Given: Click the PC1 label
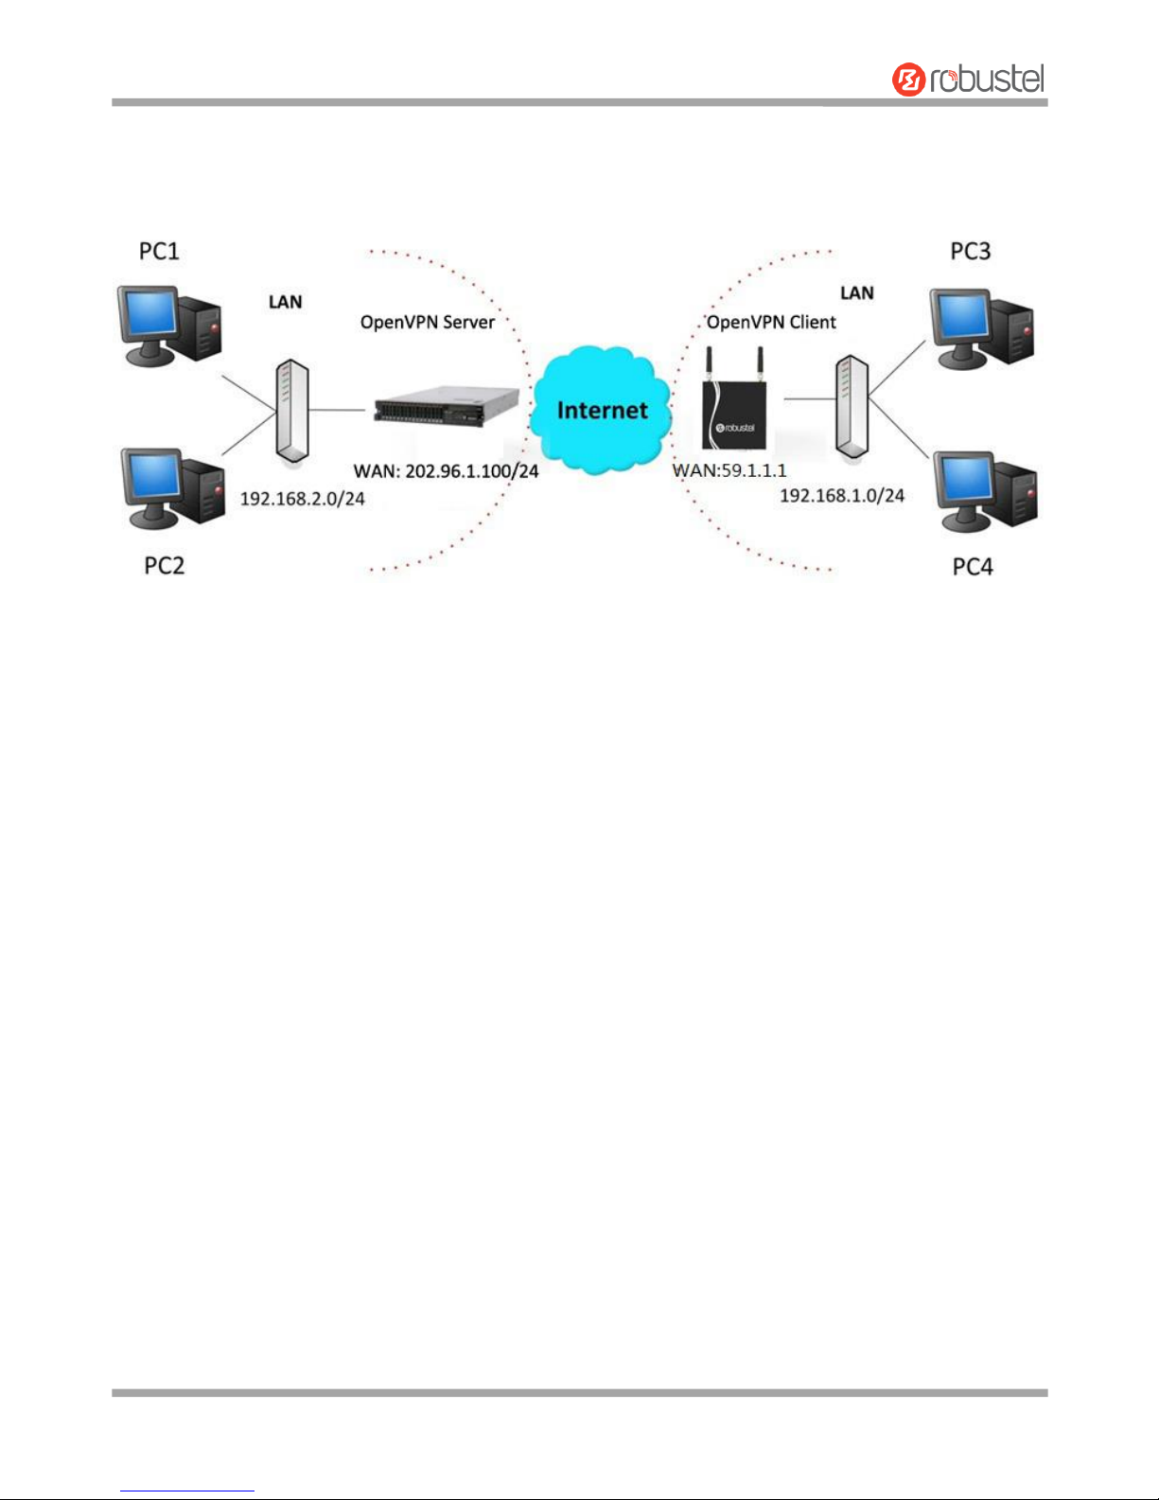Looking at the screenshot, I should pos(159,251).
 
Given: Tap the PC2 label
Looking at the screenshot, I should pos(164,566).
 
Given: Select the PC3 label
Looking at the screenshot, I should pos(970,251).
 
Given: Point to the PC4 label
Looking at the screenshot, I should pos(972,567).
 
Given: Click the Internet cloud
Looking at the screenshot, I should pos(602,410).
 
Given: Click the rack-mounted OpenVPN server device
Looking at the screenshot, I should pos(446,408).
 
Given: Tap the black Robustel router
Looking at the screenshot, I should pos(734,408).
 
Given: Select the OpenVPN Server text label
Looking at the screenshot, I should pos(427,323).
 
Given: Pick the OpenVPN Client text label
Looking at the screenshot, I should pos(771,323).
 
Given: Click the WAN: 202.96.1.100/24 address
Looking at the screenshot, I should pos(446,470).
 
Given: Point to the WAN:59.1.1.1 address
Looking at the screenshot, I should pos(729,470).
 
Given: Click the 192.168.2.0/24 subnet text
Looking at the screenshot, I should pos(302,499).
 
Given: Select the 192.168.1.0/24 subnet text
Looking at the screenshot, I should pos(841,495).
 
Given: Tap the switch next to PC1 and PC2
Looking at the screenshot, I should pos(291,411).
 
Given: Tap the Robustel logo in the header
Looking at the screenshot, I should pos(968,79).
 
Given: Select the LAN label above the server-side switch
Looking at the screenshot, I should pos(285,302).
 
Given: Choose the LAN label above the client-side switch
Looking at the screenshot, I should pos(856,293).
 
